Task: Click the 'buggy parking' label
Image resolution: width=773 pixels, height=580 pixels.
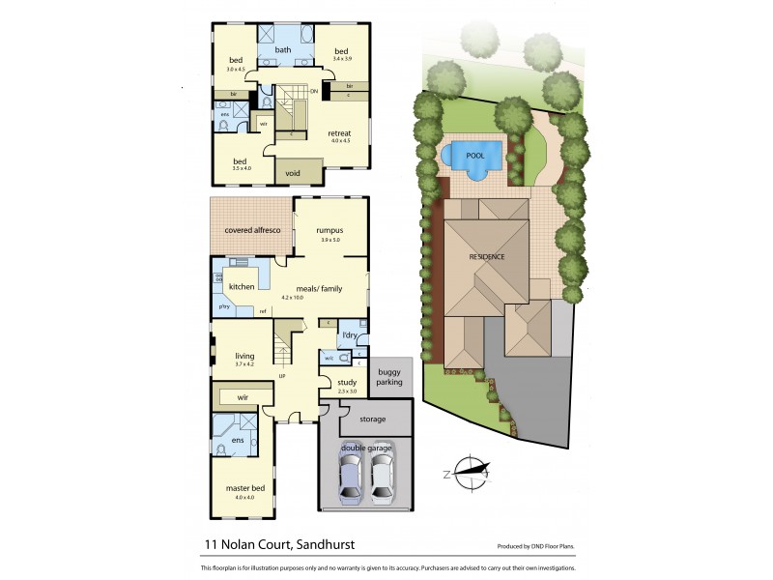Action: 388,378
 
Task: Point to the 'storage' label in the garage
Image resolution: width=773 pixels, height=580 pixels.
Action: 371,420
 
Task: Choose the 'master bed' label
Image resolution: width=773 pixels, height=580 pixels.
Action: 244,488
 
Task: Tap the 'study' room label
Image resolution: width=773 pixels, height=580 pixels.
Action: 347,383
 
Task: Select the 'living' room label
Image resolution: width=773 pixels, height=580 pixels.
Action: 243,356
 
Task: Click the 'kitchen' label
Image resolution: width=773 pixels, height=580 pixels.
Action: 241,286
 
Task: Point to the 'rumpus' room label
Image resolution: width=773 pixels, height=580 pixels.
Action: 330,230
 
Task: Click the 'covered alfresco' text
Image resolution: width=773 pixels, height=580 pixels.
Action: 252,231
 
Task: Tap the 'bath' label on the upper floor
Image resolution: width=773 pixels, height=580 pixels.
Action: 283,50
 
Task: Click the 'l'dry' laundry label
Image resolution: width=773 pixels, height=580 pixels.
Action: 350,335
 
